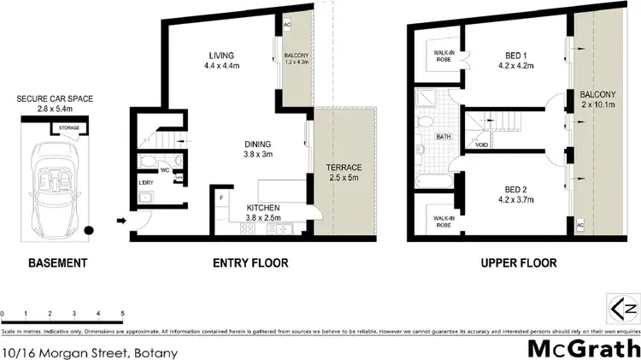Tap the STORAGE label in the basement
pyautogui.click(x=69, y=129)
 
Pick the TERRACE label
pyautogui.click(x=344, y=168)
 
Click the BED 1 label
pyautogui.click(x=514, y=57)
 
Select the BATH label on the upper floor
pyautogui.click(x=444, y=137)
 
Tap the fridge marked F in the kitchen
pyautogui.click(x=221, y=198)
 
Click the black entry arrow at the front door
pyautogui.click(x=121, y=221)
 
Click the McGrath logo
pyautogui.click(x=582, y=348)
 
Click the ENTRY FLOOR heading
pyautogui.click(x=250, y=263)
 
